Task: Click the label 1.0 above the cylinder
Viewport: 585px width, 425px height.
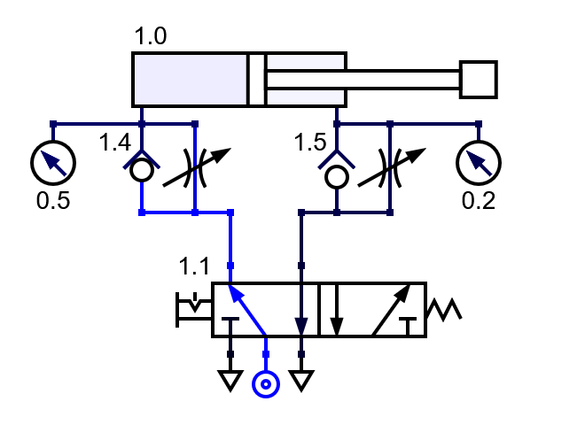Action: (x=151, y=37)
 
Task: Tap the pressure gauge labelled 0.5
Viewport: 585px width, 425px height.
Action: (x=53, y=162)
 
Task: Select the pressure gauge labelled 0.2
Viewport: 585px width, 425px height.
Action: (x=479, y=162)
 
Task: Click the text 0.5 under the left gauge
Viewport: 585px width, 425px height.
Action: (x=52, y=200)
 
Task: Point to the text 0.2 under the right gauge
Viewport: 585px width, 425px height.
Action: (x=479, y=200)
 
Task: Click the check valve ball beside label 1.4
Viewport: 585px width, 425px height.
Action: (x=142, y=172)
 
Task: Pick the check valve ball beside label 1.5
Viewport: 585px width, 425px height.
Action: (x=337, y=176)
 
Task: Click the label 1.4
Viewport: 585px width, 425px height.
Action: (x=115, y=143)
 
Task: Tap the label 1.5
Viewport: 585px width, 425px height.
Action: (x=310, y=143)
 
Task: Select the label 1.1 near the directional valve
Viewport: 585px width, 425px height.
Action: (x=194, y=265)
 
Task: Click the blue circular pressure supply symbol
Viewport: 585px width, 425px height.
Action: (x=266, y=384)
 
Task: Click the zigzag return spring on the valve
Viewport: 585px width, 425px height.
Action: (x=443, y=310)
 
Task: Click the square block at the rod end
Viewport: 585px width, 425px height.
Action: (x=479, y=80)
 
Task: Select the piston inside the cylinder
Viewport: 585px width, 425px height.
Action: (x=257, y=80)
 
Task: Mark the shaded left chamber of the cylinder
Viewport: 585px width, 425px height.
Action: (x=191, y=80)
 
